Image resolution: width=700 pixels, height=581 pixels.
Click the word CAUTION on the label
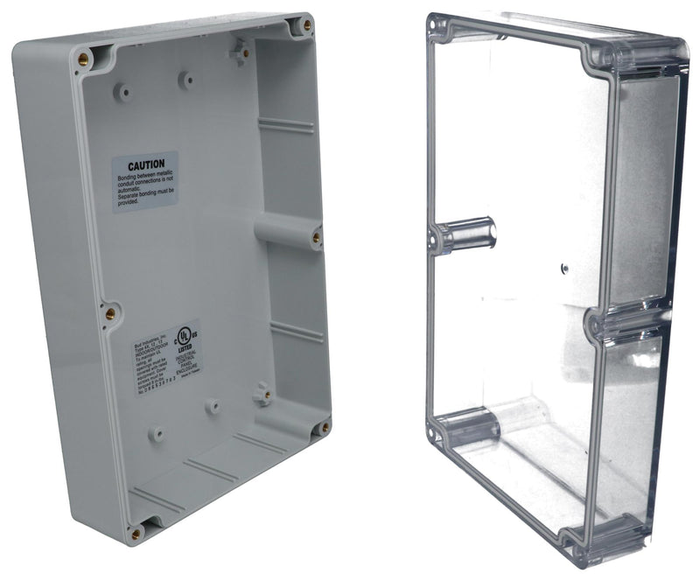tap(146, 165)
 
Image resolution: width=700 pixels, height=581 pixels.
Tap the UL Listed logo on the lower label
tap(185, 337)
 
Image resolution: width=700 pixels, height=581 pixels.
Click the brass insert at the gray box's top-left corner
tap(84, 59)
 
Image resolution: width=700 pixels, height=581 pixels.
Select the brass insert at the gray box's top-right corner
tap(306, 26)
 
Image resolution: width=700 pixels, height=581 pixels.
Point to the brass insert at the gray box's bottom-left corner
tap(136, 531)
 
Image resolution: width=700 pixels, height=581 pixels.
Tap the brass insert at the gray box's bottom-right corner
tap(325, 428)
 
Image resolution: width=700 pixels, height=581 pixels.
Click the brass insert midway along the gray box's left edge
tap(110, 312)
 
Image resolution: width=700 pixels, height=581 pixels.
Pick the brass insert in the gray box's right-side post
tap(316, 236)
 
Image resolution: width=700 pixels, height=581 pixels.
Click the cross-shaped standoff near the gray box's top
tap(241, 52)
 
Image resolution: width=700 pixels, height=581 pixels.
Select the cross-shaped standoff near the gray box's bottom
tap(262, 395)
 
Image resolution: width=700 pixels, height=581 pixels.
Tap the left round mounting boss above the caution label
tap(124, 90)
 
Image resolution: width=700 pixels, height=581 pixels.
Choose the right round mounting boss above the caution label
tap(186, 80)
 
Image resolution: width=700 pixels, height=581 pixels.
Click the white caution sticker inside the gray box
tap(145, 182)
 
